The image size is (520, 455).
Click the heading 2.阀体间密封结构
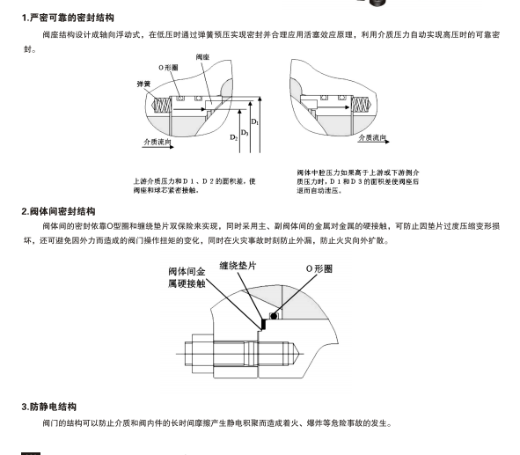59,211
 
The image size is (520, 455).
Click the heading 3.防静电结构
50,407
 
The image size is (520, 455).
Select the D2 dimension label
233,138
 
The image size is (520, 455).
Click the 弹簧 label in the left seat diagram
143,84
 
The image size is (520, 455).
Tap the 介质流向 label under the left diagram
156,141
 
